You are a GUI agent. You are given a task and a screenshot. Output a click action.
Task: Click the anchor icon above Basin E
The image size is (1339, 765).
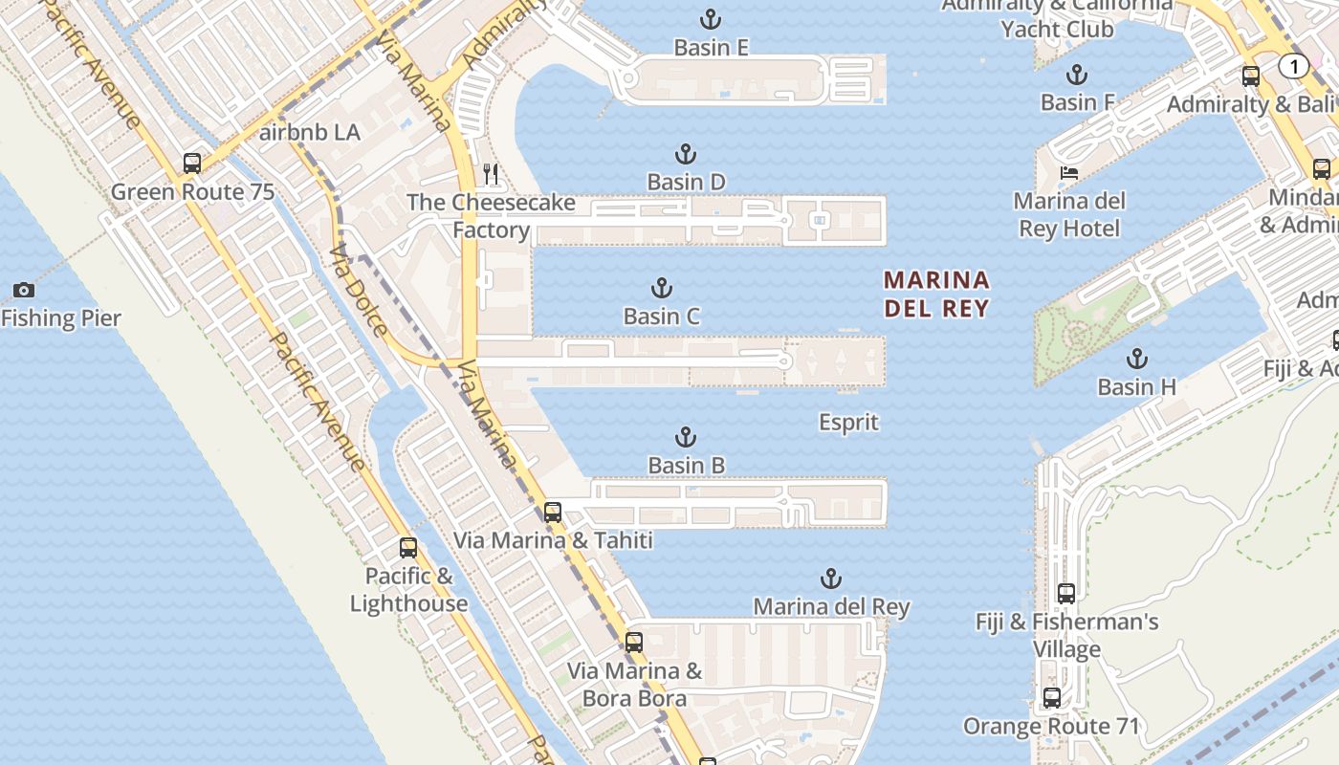tap(710, 18)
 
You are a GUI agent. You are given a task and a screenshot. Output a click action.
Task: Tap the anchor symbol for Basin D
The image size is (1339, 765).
tap(685, 153)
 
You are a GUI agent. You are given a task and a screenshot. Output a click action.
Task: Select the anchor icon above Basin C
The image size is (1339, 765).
tap(661, 287)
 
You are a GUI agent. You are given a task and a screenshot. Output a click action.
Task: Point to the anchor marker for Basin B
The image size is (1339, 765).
tap(685, 437)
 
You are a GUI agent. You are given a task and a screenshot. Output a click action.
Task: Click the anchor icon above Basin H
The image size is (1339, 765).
tap(1136, 359)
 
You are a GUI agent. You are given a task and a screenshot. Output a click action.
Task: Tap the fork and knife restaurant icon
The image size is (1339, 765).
tap(491, 173)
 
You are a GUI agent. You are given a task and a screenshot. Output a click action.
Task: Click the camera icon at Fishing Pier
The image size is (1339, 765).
tap(24, 290)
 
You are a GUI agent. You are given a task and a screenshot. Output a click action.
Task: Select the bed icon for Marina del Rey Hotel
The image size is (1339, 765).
tap(1069, 173)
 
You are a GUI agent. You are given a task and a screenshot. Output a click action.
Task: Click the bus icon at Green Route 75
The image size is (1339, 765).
tap(192, 163)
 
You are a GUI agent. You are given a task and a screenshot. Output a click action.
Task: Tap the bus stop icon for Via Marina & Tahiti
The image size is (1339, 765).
tap(552, 512)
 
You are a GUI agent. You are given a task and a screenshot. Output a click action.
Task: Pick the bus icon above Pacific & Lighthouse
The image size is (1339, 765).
tap(408, 548)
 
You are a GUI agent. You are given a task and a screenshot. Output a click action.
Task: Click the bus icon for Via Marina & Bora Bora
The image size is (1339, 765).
tap(633, 642)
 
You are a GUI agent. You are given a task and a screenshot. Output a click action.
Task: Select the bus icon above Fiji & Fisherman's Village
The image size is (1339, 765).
tap(1066, 593)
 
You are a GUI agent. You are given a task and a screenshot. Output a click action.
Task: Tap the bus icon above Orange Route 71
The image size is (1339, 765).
tap(1052, 697)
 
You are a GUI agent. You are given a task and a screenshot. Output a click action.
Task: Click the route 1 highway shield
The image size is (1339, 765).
tap(1293, 66)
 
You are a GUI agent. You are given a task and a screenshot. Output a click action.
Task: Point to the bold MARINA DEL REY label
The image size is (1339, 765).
tap(936, 294)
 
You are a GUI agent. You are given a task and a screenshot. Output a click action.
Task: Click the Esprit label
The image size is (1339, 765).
tap(848, 422)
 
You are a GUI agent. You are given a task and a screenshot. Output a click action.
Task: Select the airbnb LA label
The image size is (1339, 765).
tap(310, 132)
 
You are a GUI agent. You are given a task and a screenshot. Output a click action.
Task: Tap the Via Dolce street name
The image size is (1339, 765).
tap(359, 291)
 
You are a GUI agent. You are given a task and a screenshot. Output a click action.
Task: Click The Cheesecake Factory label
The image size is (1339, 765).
tap(491, 216)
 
